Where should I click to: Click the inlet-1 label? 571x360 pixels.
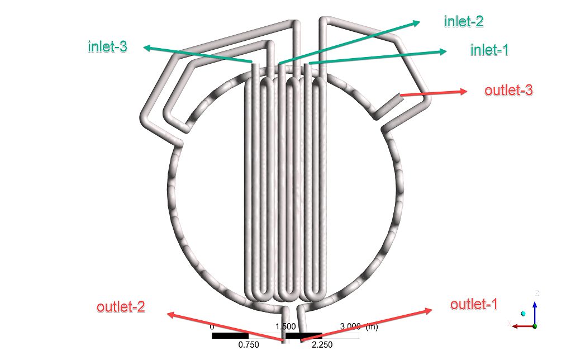pos(489,50)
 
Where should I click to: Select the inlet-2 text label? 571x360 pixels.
pos(464,21)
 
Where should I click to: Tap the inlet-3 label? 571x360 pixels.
pos(107,46)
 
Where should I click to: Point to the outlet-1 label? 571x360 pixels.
pos(474,304)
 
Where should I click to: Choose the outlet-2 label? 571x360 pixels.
pos(121,307)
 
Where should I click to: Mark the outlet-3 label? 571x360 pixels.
pos(508,91)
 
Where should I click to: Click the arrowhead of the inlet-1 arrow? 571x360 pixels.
pos(443,51)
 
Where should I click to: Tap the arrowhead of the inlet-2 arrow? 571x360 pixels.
pos(416,23)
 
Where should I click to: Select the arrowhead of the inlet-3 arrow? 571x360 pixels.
pos(147,48)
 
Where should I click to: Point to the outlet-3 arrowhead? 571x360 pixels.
pos(464,92)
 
